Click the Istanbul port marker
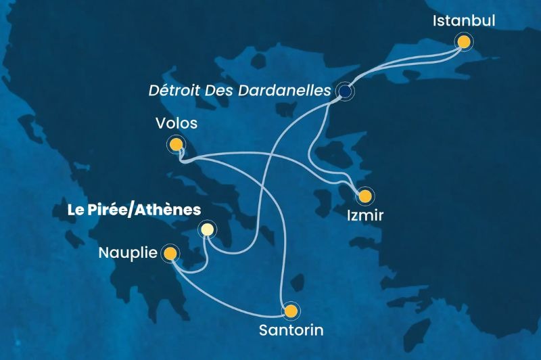click(x=464, y=42)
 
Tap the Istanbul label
click(x=464, y=21)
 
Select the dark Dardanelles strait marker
click(x=346, y=91)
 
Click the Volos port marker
click(x=177, y=143)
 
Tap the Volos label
click(x=176, y=123)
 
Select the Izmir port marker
click(x=365, y=196)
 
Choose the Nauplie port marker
click(x=170, y=254)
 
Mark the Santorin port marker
click(x=291, y=311)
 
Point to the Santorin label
click(x=291, y=332)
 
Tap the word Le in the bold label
click(x=75, y=210)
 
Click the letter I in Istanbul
click(x=435, y=21)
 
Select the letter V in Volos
click(x=159, y=123)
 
